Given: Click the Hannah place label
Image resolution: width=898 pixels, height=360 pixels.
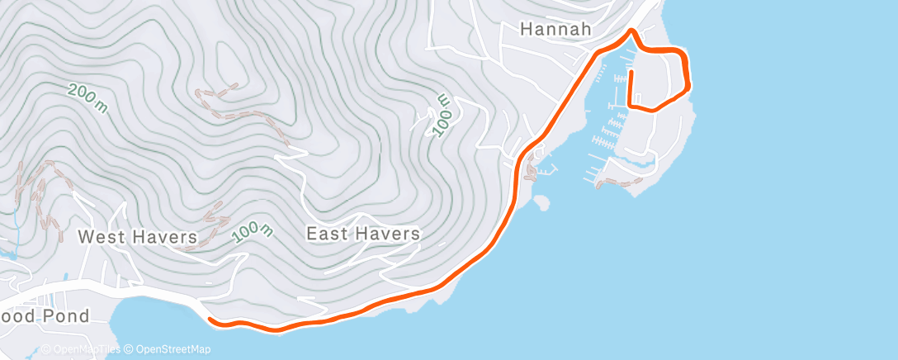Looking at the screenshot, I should tap(555, 30).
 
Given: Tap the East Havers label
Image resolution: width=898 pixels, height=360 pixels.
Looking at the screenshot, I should tap(363, 234).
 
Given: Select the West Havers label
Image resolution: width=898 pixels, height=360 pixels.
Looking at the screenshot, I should tap(138, 238).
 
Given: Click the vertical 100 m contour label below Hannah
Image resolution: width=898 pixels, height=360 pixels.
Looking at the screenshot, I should tap(442, 114).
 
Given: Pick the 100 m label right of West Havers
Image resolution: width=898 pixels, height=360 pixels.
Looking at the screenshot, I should tap(253, 233).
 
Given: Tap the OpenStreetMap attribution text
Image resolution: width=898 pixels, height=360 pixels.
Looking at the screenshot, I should tap(169, 350).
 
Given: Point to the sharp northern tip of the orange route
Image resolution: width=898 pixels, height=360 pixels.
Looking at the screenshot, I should tap(631, 31).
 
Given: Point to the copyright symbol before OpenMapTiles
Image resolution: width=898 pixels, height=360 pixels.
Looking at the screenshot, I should tap(45, 350).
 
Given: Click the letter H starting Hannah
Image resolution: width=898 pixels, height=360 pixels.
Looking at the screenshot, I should tap(527, 30).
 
